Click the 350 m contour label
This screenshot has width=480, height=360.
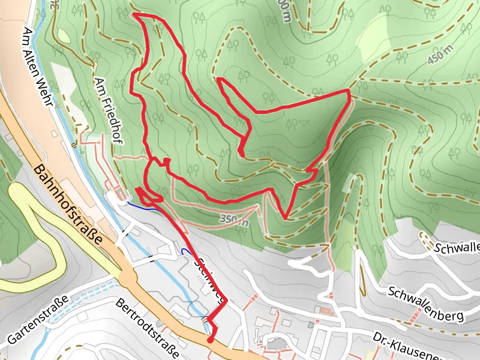click(x=234, y=220)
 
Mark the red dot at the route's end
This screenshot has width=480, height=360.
click(x=210, y=340)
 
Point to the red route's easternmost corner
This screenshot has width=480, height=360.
click(x=349, y=90)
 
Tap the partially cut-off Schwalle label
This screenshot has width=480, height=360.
click(x=457, y=247)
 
